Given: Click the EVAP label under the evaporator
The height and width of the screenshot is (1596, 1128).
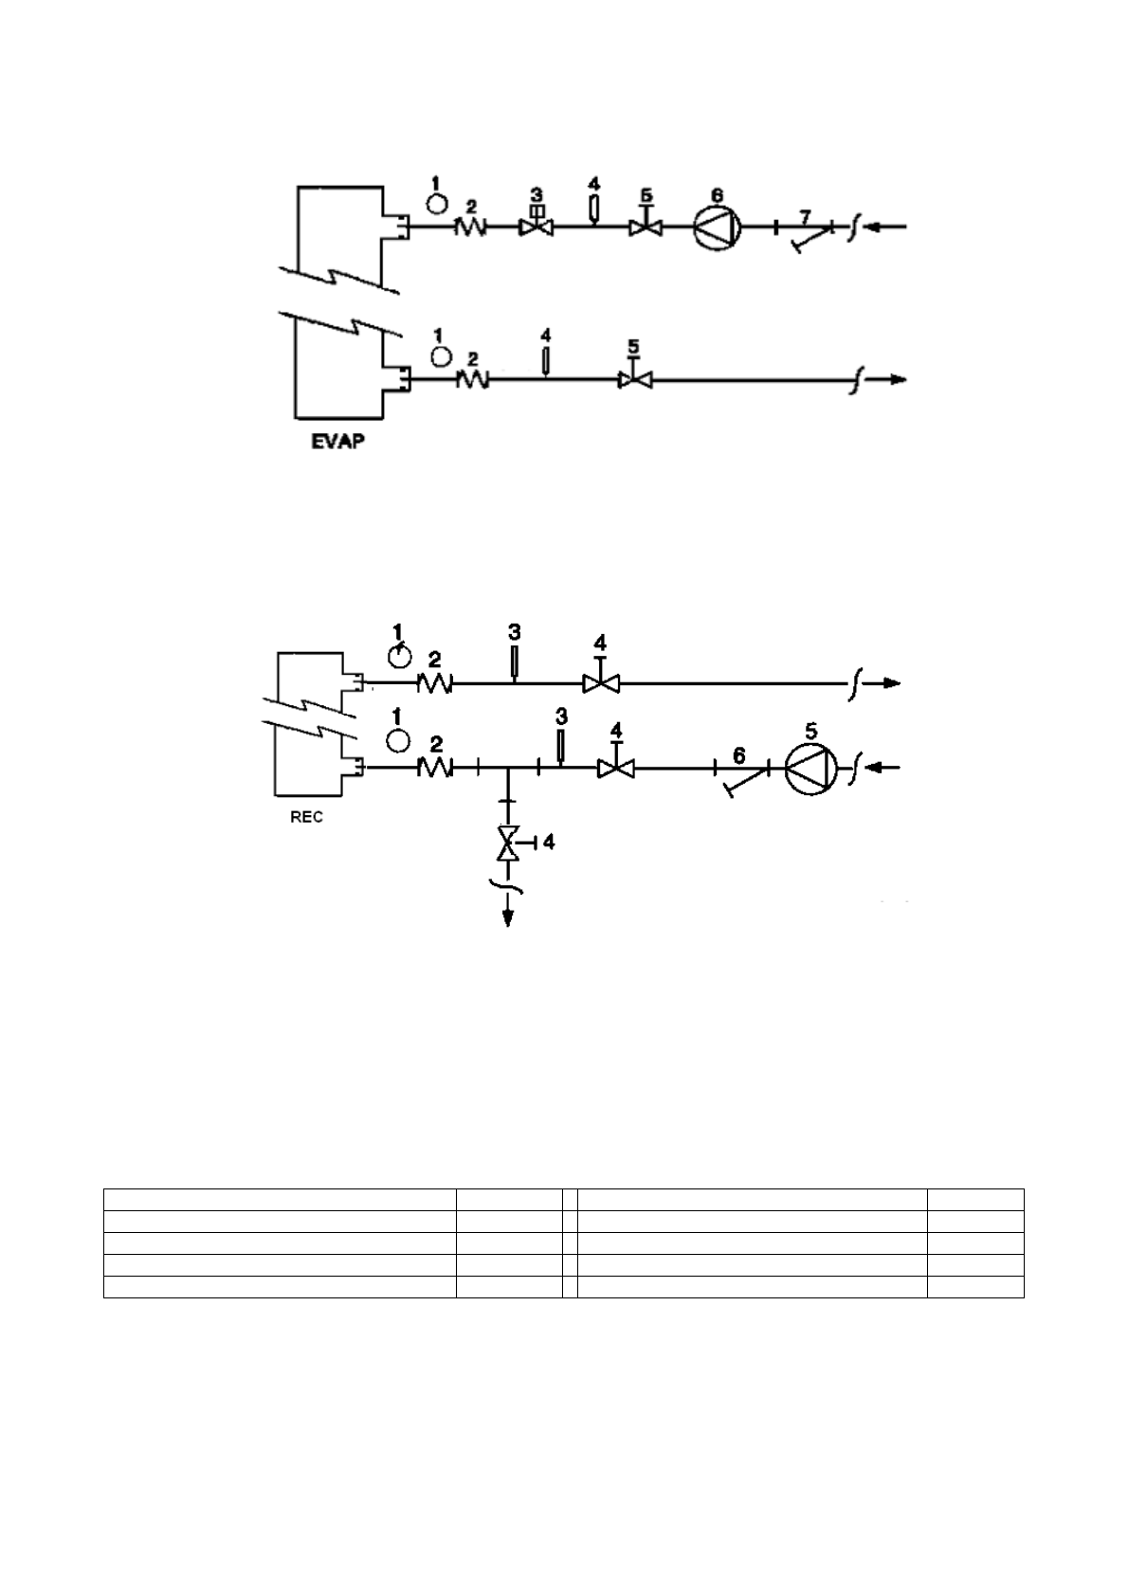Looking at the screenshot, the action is (337, 442).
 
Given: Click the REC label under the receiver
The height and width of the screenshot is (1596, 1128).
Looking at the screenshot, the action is (306, 818).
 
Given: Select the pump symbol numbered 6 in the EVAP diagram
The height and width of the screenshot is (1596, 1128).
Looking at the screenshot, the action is (717, 227).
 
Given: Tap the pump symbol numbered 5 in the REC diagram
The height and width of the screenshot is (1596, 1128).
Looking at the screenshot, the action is (811, 768).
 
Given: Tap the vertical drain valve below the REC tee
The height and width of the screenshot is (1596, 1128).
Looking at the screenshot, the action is (509, 843).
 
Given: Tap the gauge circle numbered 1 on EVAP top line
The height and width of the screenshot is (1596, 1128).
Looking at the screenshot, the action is (437, 204).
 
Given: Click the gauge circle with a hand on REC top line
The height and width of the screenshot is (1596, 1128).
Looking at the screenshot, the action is (401, 655).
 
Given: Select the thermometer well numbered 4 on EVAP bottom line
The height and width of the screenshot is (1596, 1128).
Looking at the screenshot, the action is (546, 361).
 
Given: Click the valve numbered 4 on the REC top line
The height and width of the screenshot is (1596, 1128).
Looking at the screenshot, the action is (600, 682).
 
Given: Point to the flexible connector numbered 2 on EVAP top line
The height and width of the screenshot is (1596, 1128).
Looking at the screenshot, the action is (472, 227).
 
